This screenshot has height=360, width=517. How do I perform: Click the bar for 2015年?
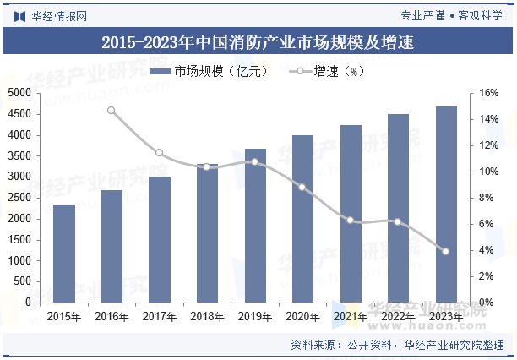(x=64, y=253)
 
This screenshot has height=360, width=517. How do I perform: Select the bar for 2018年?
(x=207, y=232)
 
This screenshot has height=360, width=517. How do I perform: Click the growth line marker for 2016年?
(x=112, y=110)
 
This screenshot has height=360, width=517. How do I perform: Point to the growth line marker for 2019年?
(x=255, y=161)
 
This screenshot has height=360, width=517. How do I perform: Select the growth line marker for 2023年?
(x=446, y=251)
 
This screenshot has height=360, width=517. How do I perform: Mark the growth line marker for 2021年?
(x=351, y=220)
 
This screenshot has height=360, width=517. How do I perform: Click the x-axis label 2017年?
(x=160, y=317)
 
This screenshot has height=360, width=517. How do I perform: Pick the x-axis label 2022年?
(x=398, y=317)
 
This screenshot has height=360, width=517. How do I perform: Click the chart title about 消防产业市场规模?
(x=258, y=41)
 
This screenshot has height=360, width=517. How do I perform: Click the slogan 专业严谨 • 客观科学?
(x=451, y=15)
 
